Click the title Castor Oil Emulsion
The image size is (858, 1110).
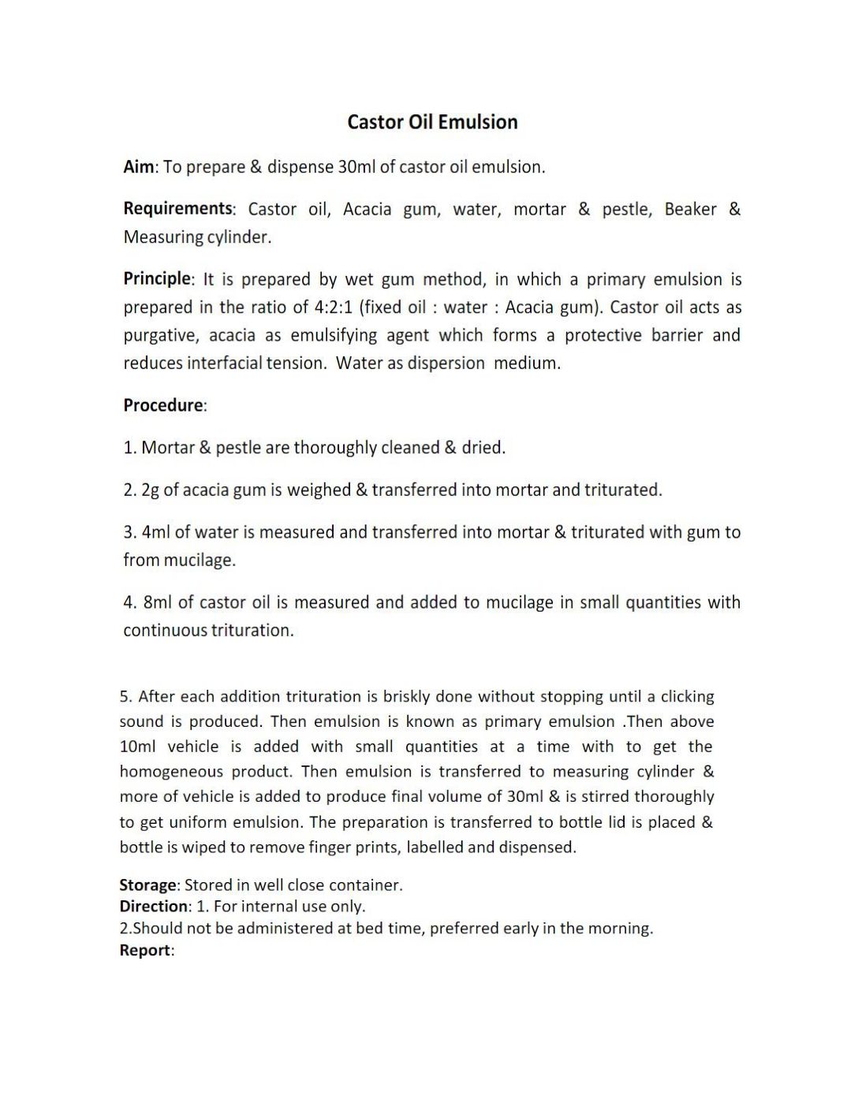tap(432, 122)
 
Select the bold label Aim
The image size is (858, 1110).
tap(140, 167)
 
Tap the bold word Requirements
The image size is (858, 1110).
tap(177, 209)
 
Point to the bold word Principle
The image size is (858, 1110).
tap(156, 279)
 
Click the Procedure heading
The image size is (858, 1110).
tap(162, 405)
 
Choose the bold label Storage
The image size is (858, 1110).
tap(147, 885)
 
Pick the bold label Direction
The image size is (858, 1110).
tap(154, 907)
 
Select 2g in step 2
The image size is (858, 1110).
tap(150, 490)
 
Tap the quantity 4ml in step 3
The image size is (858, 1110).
tap(155, 533)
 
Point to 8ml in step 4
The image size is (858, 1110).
tap(157, 603)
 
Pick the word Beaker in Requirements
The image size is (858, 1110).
tap(690, 210)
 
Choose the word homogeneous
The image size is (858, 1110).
tap(171, 772)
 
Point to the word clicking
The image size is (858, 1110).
tap(687, 697)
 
